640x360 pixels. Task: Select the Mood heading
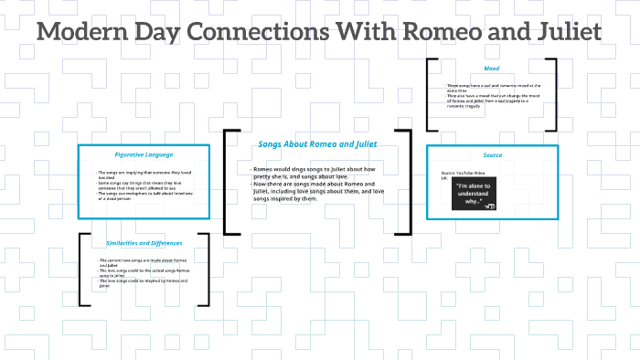coord(492,69)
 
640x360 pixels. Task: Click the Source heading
coord(492,156)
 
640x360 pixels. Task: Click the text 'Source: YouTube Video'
coord(462,173)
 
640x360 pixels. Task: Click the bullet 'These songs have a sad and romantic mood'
coord(492,88)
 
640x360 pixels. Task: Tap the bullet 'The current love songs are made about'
coord(144,262)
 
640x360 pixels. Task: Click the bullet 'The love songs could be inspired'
coord(144,282)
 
